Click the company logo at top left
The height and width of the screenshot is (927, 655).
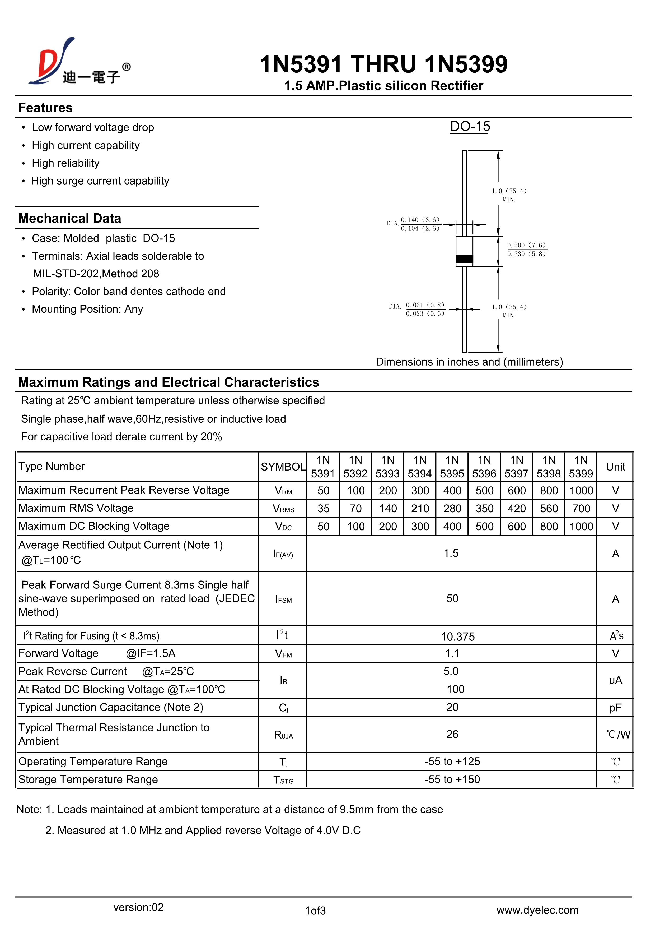77,63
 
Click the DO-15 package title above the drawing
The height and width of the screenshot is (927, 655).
470,126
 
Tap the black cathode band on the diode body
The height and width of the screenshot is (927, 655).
464,259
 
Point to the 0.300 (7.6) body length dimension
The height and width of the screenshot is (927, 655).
526,245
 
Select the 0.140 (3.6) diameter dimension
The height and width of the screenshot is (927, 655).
420,220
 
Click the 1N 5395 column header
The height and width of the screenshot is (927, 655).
452,467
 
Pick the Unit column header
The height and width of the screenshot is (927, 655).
615,467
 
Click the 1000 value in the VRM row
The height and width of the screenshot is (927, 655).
581,491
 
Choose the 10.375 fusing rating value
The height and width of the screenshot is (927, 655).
458,637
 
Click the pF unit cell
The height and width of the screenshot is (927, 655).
615,708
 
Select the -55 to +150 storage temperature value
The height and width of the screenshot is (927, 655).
452,779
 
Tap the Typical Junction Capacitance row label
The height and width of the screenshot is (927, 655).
111,707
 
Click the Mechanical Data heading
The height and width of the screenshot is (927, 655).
70,218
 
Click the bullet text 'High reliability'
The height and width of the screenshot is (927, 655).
66,163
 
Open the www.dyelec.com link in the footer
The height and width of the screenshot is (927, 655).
537,910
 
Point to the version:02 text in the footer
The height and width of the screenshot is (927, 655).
138,907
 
